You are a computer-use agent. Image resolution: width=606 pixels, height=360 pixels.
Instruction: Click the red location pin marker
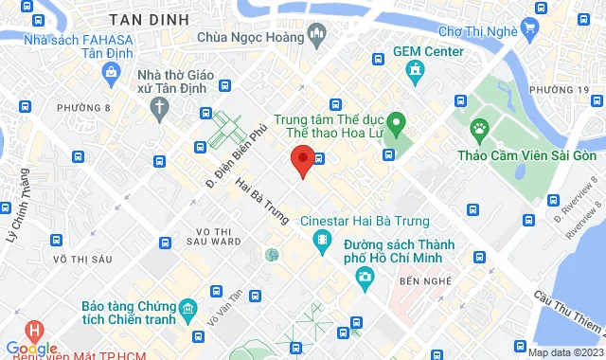click(302, 160)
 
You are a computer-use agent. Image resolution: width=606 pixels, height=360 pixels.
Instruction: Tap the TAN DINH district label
click(149, 19)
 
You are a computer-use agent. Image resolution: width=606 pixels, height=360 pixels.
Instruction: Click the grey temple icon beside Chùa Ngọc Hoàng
click(317, 36)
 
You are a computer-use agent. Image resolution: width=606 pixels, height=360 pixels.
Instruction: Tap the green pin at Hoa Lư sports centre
click(399, 121)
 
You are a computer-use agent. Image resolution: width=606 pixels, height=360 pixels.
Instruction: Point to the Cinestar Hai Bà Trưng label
click(364, 221)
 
